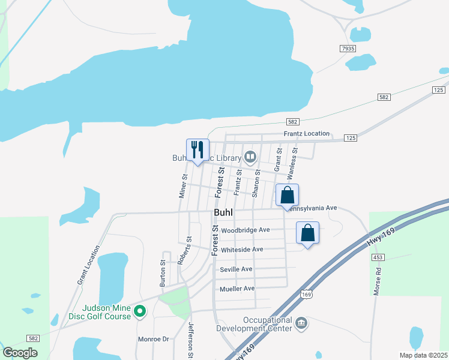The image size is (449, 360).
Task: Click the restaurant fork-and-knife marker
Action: [x=197, y=150]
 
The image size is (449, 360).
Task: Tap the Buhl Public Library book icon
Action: [x=250, y=158]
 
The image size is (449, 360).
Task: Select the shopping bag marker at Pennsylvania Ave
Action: [x=288, y=196]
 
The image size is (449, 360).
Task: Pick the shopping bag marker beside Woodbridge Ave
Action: [x=307, y=233]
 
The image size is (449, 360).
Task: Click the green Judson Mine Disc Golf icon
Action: [x=140, y=310]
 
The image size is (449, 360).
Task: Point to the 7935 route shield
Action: [x=348, y=48]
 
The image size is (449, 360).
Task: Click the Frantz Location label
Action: [x=307, y=133]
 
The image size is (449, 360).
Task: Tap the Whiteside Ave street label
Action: [x=242, y=250]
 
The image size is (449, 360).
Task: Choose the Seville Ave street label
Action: [x=236, y=269]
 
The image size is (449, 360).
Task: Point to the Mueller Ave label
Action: [x=237, y=289]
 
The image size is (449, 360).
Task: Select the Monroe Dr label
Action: [x=154, y=339]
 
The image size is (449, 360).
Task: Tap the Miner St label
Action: [x=184, y=186]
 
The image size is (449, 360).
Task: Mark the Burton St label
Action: [x=163, y=272]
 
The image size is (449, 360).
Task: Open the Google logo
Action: [x=20, y=353]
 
